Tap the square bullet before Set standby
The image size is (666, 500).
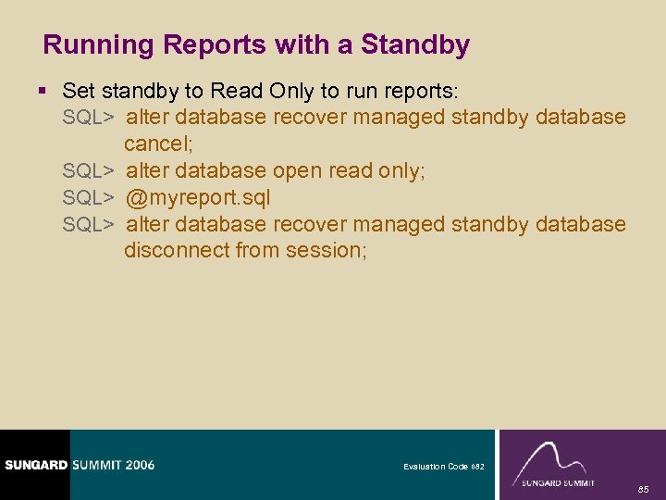(46, 92)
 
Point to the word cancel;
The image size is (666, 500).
(158, 144)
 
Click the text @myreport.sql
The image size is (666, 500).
(198, 197)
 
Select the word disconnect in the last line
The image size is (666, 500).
(177, 250)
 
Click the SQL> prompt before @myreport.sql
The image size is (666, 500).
(88, 197)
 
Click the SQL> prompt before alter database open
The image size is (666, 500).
(88, 170)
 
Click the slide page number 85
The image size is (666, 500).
(643, 487)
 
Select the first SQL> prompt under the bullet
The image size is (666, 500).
(88, 118)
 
